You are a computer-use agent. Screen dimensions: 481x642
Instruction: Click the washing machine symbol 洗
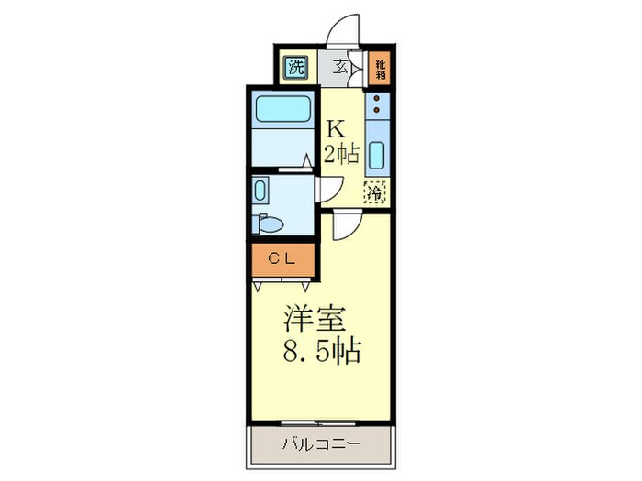(296, 66)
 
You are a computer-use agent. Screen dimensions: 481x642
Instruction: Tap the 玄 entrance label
(340, 67)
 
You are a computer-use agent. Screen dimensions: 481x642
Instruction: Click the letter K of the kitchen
(337, 129)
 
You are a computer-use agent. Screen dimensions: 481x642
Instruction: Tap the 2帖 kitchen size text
(341, 153)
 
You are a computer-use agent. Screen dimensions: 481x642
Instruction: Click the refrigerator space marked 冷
(375, 192)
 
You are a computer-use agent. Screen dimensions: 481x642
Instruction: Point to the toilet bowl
(271, 223)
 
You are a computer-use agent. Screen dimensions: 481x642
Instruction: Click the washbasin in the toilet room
(260, 191)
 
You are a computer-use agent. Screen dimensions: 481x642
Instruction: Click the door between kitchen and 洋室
(349, 224)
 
